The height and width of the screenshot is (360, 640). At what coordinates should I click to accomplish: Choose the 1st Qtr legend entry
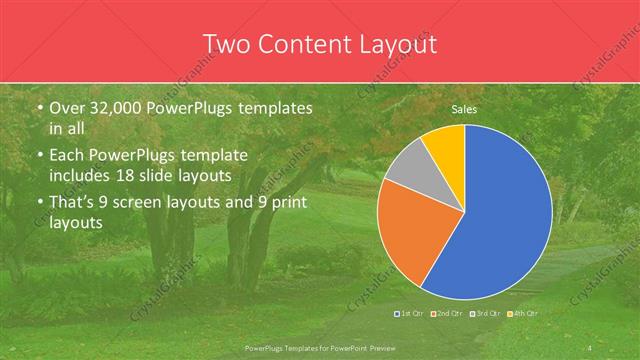tap(410, 313)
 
